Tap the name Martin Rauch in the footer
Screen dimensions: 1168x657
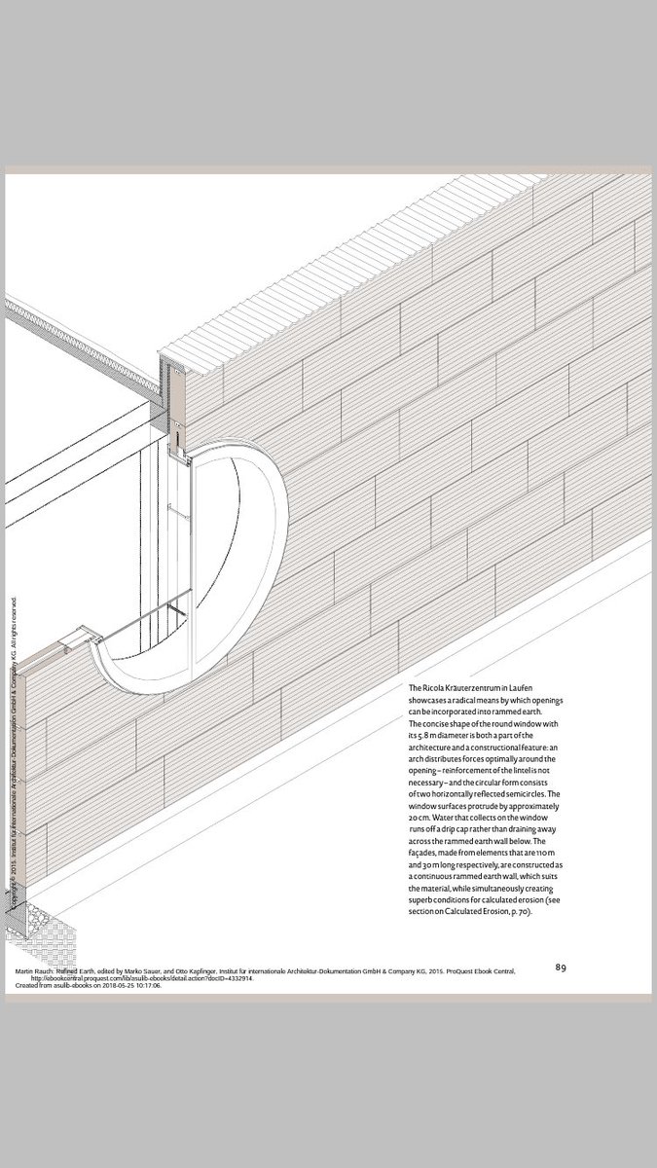click(x=37, y=970)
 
